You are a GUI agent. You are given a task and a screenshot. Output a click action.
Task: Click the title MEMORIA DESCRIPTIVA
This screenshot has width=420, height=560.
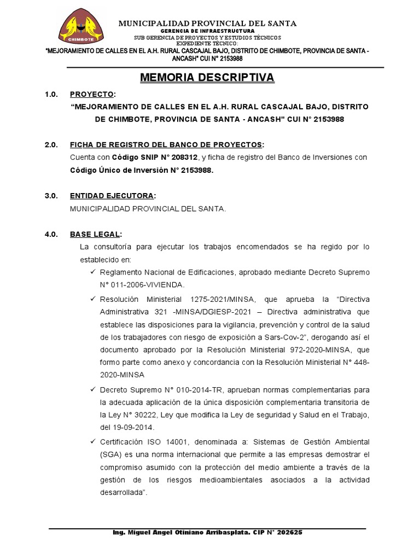pos(207,78)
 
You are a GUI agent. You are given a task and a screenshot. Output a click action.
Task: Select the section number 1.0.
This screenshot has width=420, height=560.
pos(51,95)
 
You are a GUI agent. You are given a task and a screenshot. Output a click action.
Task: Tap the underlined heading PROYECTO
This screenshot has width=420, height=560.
pos(92,95)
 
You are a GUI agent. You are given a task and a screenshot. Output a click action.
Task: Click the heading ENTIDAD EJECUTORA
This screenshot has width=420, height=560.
pos(112,196)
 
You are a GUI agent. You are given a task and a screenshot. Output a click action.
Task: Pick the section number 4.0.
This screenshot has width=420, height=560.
pos(51,234)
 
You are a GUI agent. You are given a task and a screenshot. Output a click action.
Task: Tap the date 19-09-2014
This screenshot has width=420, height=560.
pos(133,428)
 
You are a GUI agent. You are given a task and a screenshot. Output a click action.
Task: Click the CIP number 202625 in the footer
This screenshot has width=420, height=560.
pos(290,532)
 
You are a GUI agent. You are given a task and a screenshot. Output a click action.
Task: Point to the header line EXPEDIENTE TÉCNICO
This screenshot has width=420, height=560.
pos(207,43)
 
